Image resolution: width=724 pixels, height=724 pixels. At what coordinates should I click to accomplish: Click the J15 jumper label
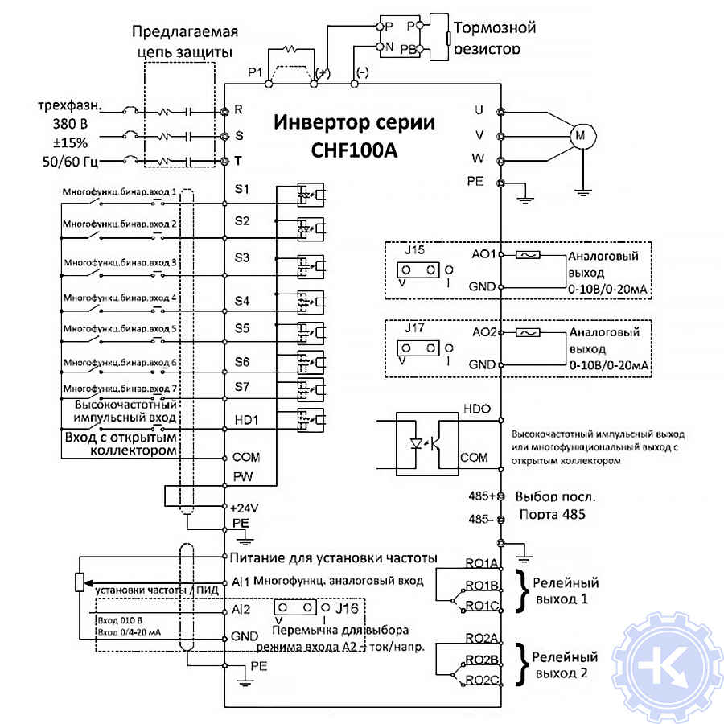[x=415, y=250]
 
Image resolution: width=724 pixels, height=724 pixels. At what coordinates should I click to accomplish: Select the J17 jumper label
[x=415, y=327]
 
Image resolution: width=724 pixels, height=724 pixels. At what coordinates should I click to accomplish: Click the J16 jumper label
[x=347, y=606]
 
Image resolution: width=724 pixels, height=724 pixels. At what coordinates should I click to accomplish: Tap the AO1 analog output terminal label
[x=483, y=253]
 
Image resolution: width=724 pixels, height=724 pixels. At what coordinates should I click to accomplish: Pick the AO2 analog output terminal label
[x=483, y=331]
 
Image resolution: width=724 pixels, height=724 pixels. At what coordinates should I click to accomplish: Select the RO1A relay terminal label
[x=482, y=564]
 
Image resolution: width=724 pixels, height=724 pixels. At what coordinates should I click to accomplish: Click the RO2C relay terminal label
[x=483, y=681]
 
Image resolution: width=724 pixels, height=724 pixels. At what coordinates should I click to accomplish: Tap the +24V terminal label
[x=244, y=507]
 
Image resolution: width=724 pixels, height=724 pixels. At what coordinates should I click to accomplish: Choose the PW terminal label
[x=242, y=476]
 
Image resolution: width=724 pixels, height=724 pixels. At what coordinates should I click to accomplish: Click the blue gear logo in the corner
[x=666, y=666]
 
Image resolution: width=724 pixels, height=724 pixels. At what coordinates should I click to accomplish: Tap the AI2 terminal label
[x=239, y=610]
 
